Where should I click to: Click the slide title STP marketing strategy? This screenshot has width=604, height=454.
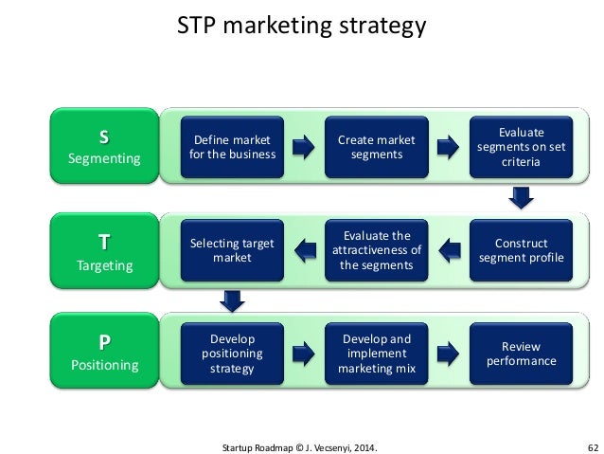pyautogui.click(x=302, y=26)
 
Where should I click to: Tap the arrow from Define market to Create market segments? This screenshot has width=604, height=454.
pyautogui.click(x=303, y=148)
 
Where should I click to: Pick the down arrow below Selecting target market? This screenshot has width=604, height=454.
pyautogui.click(x=230, y=299)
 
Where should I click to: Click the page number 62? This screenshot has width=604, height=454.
pyautogui.click(x=592, y=444)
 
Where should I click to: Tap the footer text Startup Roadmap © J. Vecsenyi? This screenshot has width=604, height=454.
pyautogui.click(x=302, y=444)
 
